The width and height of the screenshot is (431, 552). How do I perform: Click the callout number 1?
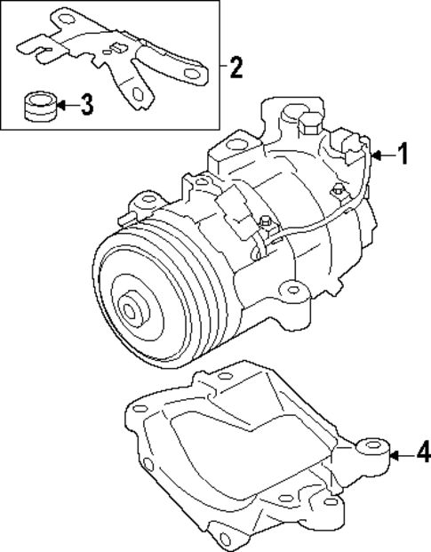pos(403,155)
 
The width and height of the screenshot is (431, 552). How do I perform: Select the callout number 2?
pos(235,67)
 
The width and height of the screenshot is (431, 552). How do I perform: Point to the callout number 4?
pos(423,454)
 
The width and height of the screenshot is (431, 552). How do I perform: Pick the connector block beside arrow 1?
pos(355,146)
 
